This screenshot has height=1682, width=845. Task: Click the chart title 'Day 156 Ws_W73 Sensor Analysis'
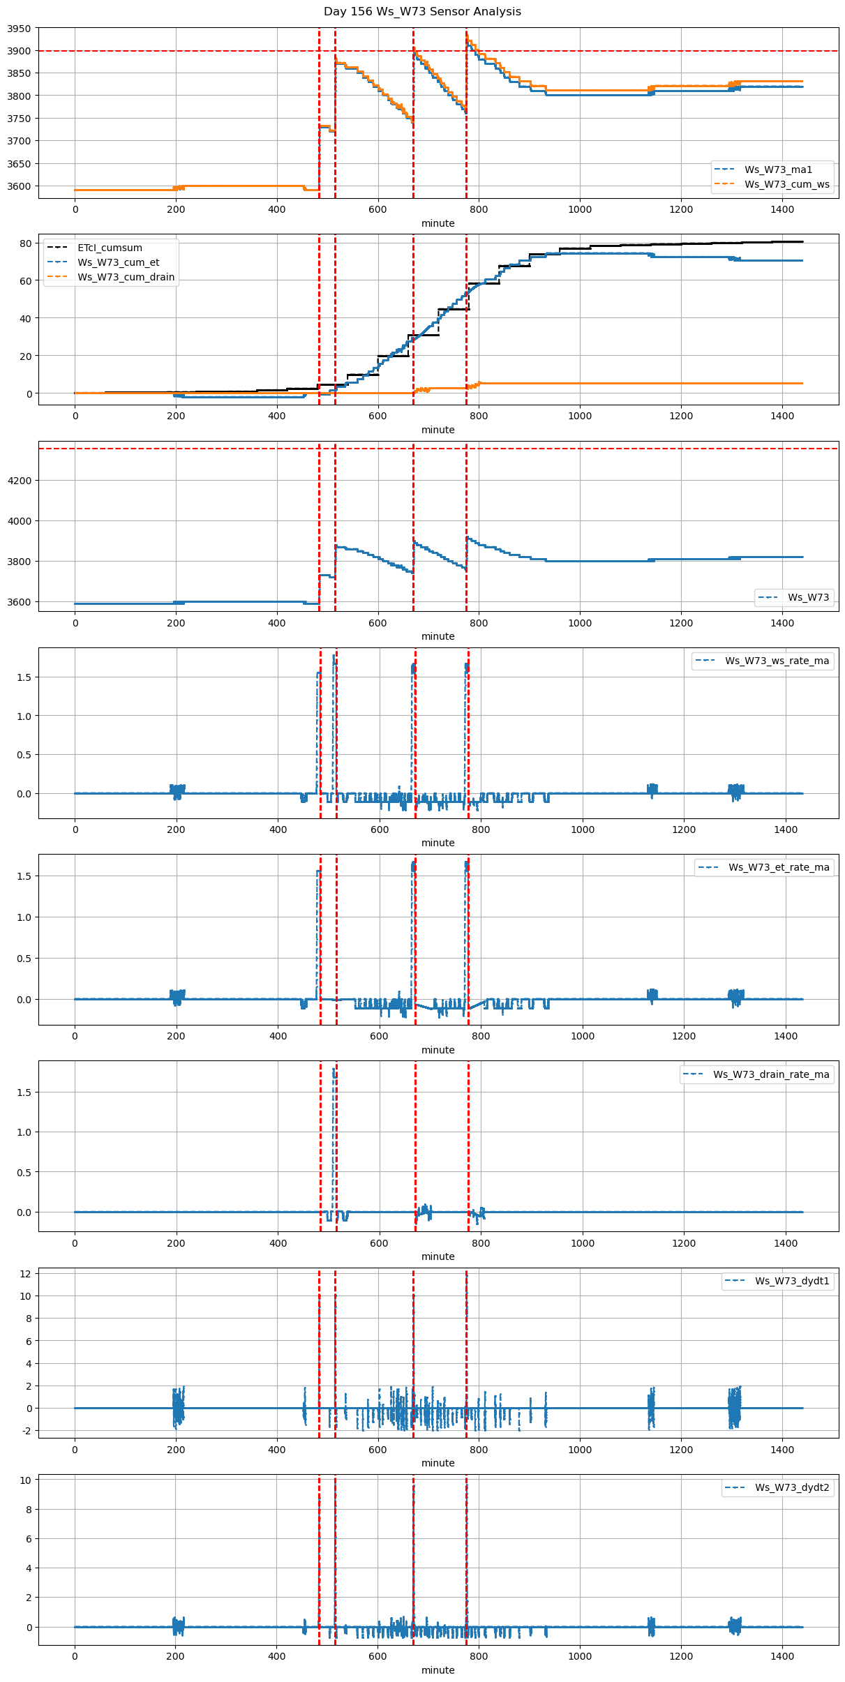(x=422, y=12)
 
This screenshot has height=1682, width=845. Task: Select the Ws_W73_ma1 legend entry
(x=778, y=170)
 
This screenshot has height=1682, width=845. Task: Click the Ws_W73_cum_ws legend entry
(x=786, y=184)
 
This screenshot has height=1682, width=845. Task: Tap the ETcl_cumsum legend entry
(x=110, y=248)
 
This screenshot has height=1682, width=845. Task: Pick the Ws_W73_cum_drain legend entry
(x=126, y=277)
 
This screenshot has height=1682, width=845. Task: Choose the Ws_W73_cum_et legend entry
(x=118, y=262)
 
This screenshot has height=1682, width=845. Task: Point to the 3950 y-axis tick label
(x=20, y=29)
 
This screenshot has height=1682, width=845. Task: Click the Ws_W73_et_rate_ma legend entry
(x=779, y=867)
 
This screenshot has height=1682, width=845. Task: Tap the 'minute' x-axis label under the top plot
(x=438, y=223)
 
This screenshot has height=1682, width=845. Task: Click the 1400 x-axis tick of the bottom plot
(x=782, y=1656)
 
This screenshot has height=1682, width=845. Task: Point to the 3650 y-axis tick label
(x=20, y=164)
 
